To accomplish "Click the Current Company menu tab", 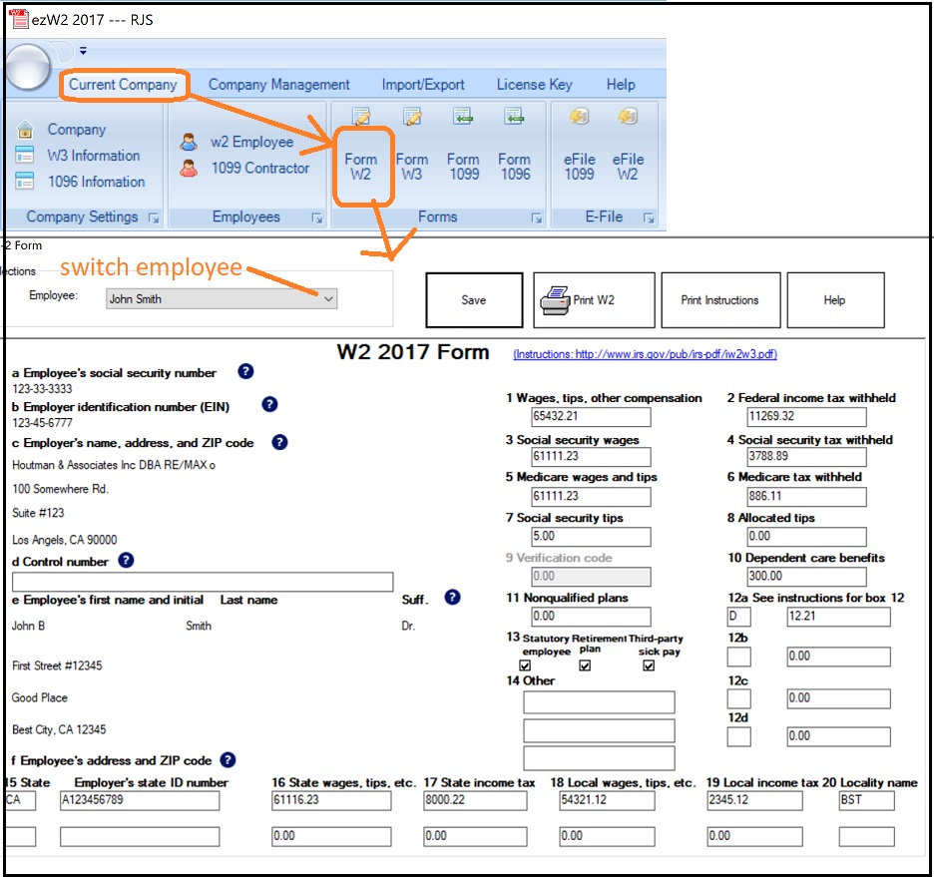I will [123, 85].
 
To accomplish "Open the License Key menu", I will [534, 85].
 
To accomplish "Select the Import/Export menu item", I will [423, 85].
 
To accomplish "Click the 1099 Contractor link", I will [259, 168].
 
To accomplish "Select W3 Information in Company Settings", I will [93, 156].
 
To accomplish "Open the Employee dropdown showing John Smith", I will [223, 298].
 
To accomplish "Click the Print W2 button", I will [594, 300].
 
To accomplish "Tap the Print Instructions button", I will [719, 300].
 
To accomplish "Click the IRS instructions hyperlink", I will [645, 354].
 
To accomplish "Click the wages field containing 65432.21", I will [591, 417].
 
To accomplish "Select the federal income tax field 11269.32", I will [806, 417].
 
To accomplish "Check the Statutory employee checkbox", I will [525, 665].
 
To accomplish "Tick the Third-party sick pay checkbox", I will [649, 665].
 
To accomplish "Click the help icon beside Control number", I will [126, 561].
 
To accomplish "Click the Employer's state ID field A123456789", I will [139, 800].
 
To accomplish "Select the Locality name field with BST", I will [866, 800].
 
